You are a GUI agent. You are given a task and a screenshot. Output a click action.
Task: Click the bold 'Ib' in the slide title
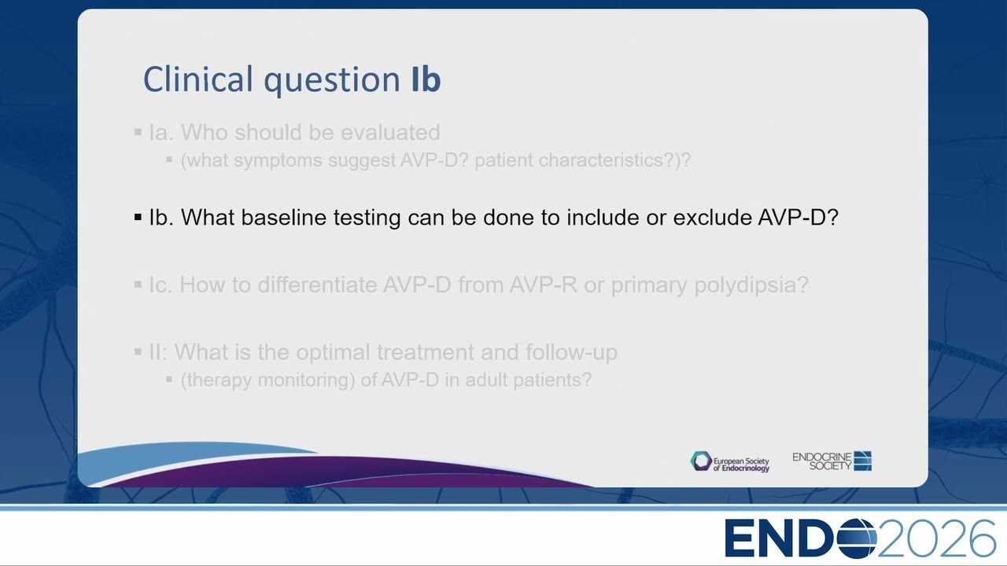pyautogui.click(x=426, y=79)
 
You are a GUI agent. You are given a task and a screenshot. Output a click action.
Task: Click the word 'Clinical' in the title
pyautogui.click(x=198, y=79)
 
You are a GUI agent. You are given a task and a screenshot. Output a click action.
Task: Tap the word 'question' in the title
pyautogui.click(x=332, y=81)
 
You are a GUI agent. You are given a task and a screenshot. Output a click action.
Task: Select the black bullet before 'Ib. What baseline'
pyautogui.click(x=138, y=218)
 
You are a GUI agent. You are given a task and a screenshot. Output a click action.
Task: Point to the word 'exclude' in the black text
pyautogui.click(x=712, y=218)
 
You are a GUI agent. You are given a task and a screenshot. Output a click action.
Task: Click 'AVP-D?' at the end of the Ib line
pyautogui.click(x=799, y=218)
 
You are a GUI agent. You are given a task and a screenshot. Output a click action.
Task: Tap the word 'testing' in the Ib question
pyautogui.click(x=367, y=219)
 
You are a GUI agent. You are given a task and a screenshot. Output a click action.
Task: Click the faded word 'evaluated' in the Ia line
pyautogui.click(x=390, y=132)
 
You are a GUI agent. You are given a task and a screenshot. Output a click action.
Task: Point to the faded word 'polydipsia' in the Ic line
pyautogui.click(x=747, y=285)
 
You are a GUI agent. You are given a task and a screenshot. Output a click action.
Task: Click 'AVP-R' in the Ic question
pyautogui.click(x=543, y=285)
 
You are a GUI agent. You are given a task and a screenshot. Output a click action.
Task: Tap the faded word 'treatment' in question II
pyautogui.click(x=426, y=352)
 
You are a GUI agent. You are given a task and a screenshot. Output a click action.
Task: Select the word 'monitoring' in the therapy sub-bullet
pyautogui.click(x=304, y=380)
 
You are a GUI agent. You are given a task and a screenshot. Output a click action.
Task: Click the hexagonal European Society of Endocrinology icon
pyautogui.click(x=701, y=461)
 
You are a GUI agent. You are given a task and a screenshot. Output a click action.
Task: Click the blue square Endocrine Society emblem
pyautogui.click(x=863, y=461)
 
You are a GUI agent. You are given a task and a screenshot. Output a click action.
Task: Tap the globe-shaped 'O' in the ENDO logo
pyautogui.click(x=857, y=538)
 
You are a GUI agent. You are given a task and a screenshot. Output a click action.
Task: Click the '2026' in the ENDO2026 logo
pyautogui.click(x=937, y=538)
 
